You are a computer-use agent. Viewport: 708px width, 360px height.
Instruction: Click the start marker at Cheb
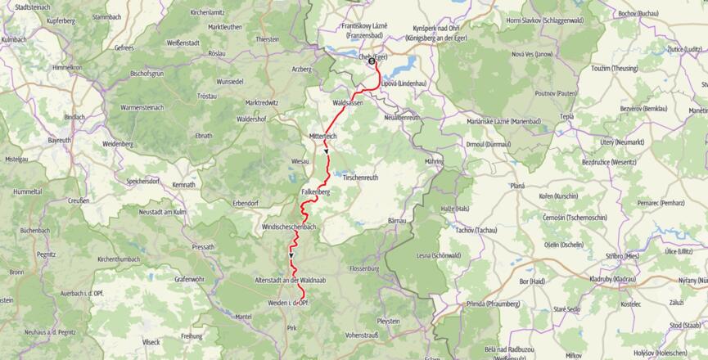pos(372,61)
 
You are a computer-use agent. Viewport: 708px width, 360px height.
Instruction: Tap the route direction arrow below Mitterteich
pos(326,151)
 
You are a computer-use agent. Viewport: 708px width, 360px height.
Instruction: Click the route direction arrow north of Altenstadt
pos(291,256)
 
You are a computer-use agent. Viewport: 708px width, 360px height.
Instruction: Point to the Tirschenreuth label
pos(362,177)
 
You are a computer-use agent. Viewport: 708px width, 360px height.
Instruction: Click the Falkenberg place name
pos(315,191)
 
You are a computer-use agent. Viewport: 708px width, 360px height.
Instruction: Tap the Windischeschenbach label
pos(289,226)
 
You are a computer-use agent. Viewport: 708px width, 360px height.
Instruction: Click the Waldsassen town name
pos(348,103)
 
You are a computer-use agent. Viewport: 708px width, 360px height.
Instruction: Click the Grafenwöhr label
pos(193,278)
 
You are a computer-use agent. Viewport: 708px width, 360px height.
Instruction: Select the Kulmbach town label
pos(14,38)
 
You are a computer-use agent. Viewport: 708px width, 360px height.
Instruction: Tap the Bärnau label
pos(397,221)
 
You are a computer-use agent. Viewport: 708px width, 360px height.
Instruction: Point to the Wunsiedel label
pos(230,82)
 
